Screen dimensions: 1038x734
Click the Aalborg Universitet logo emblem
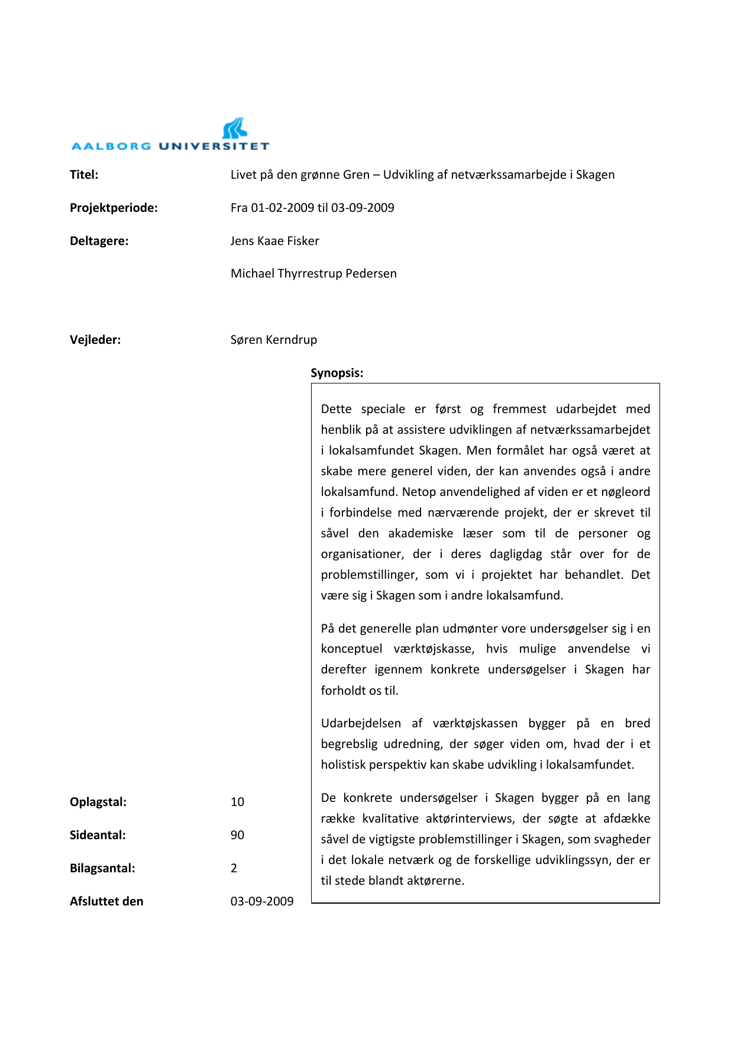pos(235,128)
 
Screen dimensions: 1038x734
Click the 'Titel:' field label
pos(84,175)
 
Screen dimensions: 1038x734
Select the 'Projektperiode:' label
pos(114,208)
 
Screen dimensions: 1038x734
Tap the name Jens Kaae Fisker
pos(274,241)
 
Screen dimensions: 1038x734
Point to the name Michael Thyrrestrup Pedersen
pos(313,273)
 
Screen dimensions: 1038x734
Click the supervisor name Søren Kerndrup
pos(273,340)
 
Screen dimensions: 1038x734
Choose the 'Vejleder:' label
pos(95,340)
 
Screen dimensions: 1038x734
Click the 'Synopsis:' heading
pos(337,373)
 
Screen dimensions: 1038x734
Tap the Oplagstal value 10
pos(237,802)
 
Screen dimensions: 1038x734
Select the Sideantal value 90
pos(237,835)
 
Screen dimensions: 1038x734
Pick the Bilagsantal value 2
pos(234,868)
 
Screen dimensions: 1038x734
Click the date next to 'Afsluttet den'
pos(262,901)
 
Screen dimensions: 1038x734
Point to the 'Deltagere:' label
pos(99,241)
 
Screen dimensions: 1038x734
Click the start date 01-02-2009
pos(282,208)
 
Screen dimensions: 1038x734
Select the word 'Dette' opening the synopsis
pos(336,409)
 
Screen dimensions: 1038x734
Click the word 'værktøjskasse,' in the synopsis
pos(434,649)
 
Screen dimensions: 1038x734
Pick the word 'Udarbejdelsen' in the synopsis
pos(361,723)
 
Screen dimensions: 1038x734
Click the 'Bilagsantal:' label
pos(102,868)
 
